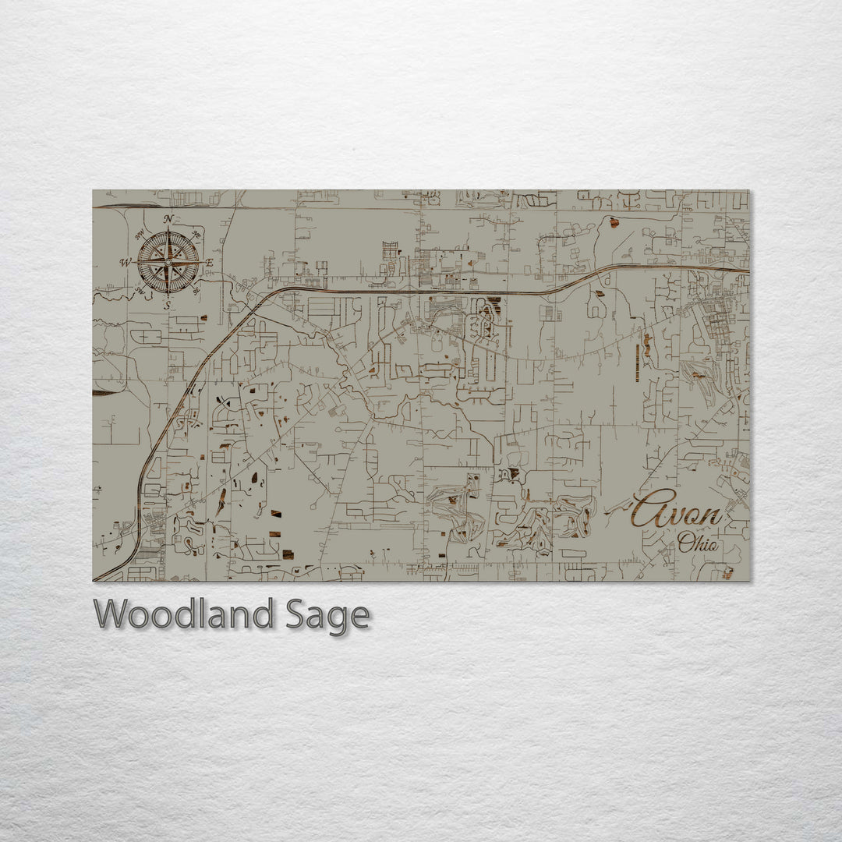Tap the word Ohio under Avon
699,543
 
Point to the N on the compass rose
168,220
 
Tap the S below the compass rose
167,306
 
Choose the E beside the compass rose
210,263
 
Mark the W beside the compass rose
125,263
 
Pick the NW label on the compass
139,234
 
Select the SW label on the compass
139,291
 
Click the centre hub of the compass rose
168,263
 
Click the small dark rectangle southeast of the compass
204,318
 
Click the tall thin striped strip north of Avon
638,363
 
